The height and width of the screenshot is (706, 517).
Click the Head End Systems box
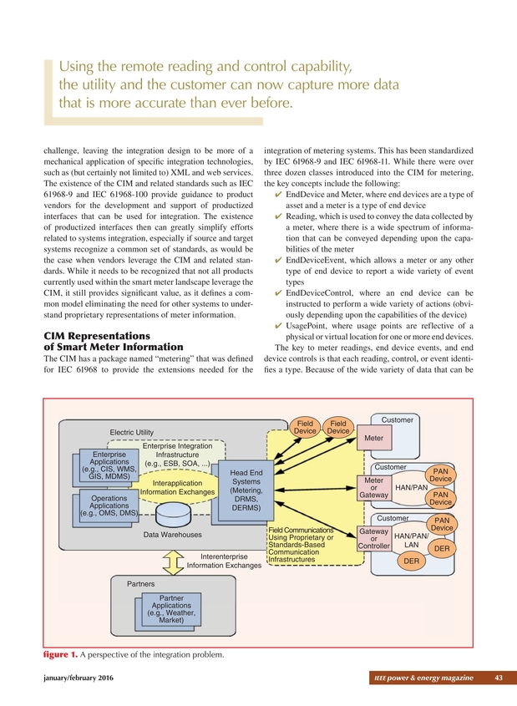point(246,490)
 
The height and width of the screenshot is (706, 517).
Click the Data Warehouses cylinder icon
point(173,510)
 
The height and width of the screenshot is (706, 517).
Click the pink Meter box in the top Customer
point(373,437)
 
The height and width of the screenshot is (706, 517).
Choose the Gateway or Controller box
point(373,539)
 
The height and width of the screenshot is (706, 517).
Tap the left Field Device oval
point(305,427)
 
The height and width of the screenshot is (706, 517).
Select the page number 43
point(499,677)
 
